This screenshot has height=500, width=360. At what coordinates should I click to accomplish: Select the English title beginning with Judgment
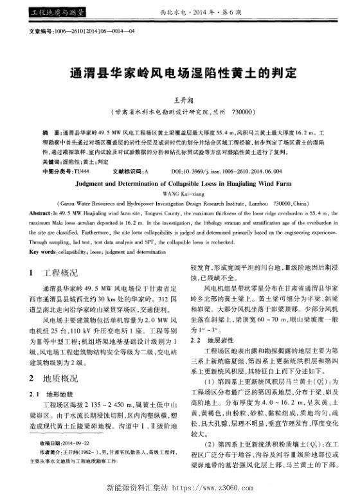coord(179,183)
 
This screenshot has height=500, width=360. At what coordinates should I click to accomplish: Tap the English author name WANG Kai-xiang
coord(179,192)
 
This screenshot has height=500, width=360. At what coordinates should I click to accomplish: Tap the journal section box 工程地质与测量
coord(42,12)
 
